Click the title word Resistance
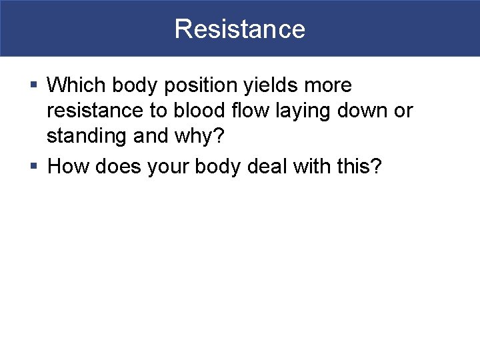point(240,29)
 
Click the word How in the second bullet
point(67,165)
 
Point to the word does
point(116,165)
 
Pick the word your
point(169,165)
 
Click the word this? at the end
point(363,165)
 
